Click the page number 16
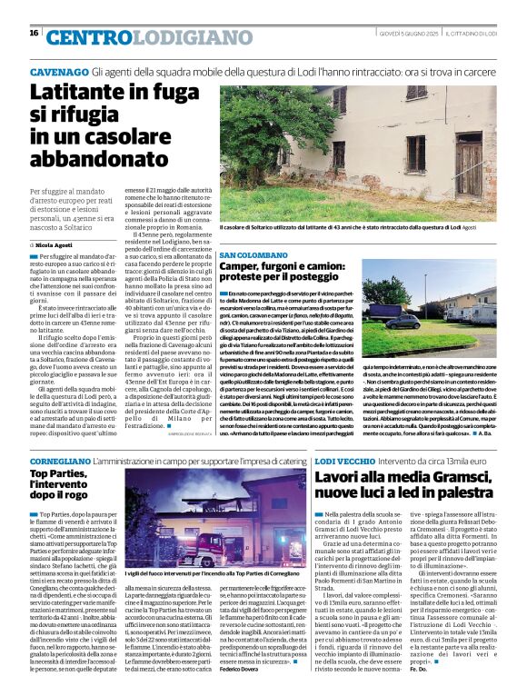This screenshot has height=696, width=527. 34,33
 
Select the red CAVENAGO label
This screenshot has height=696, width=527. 59,71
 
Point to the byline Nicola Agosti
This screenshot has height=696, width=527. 57,245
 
